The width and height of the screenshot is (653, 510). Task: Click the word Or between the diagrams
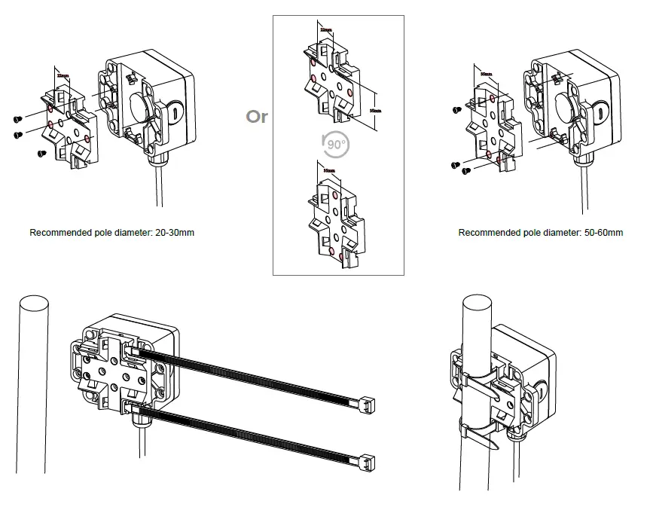click(x=257, y=117)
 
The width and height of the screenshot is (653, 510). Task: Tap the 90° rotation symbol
click(x=331, y=143)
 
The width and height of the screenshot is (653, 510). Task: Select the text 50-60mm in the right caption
click(x=603, y=232)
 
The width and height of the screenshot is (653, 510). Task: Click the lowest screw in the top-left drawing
click(x=42, y=153)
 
